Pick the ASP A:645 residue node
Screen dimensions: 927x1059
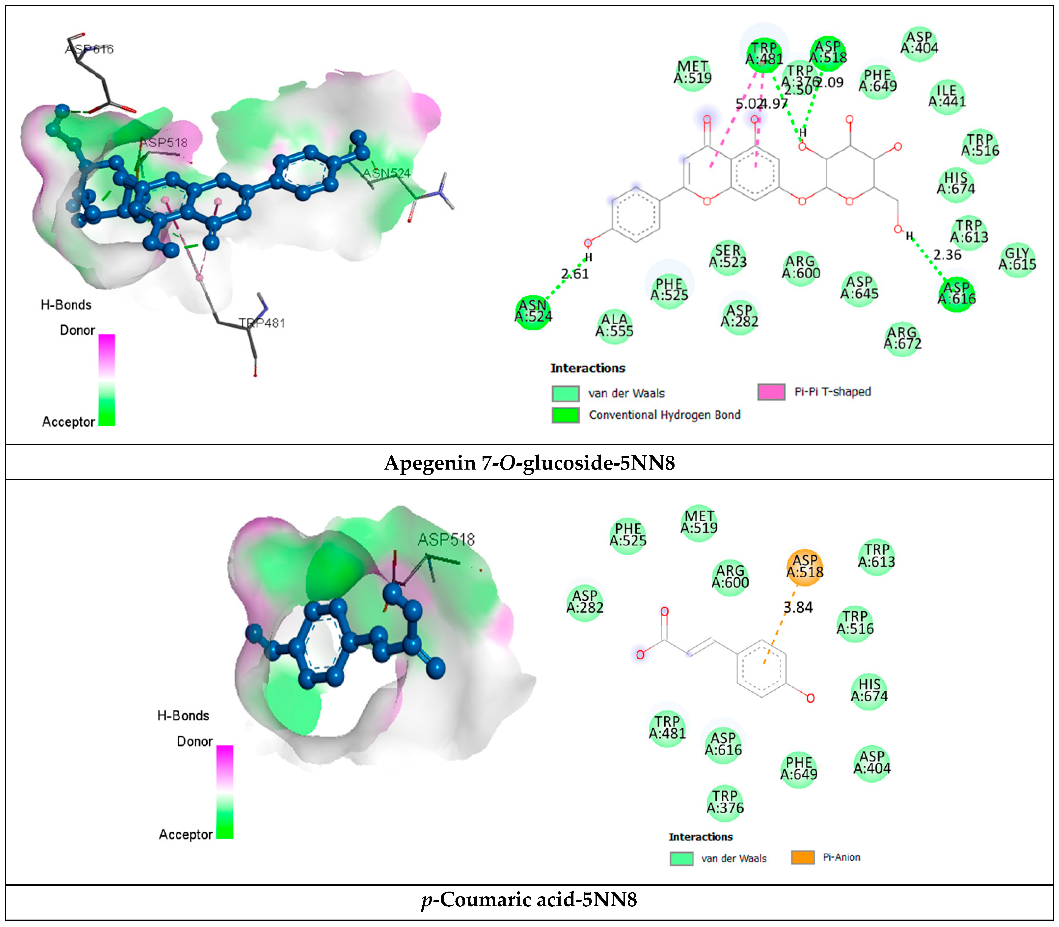point(859,288)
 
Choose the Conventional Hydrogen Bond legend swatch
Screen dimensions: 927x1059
point(565,415)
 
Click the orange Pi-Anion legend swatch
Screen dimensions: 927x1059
point(803,857)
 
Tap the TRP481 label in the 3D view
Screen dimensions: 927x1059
point(262,323)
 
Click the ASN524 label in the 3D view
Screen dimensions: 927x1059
point(387,173)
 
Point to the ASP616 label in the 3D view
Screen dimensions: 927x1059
point(89,49)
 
